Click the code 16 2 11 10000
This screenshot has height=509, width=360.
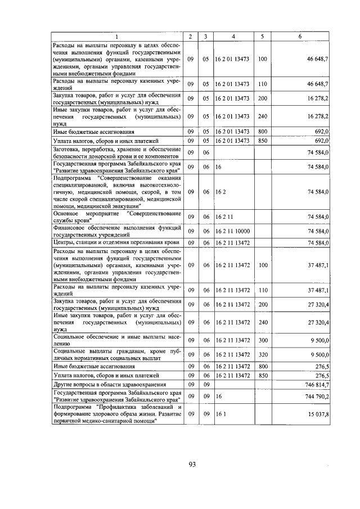(x=232, y=231)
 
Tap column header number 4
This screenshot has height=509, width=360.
(x=232, y=37)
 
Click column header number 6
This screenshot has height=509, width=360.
(x=300, y=37)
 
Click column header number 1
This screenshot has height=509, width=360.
(x=117, y=37)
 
